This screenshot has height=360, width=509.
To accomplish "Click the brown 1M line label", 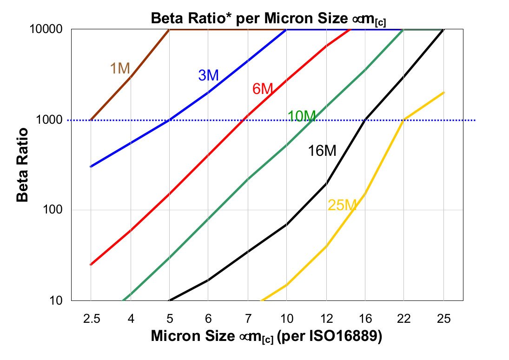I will pyautogui.click(x=120, y=68).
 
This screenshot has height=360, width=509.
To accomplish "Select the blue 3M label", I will pyautogui.click(x=208, y=75).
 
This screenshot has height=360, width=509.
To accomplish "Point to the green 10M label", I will pyautogui.click(x=301, y=116).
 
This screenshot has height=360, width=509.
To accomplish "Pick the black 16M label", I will pyautogui.click(x=322, y=151).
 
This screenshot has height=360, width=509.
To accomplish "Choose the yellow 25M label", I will pyautogui.click(x=342, y=205).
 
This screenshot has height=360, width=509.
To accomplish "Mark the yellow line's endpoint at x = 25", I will pyautogui.click(x=444, y=92).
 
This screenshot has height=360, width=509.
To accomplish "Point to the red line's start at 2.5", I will pyautogui.click(x=91, y=265).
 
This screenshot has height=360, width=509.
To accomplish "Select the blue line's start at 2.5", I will pyautogui.click(x=91, y=167).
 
